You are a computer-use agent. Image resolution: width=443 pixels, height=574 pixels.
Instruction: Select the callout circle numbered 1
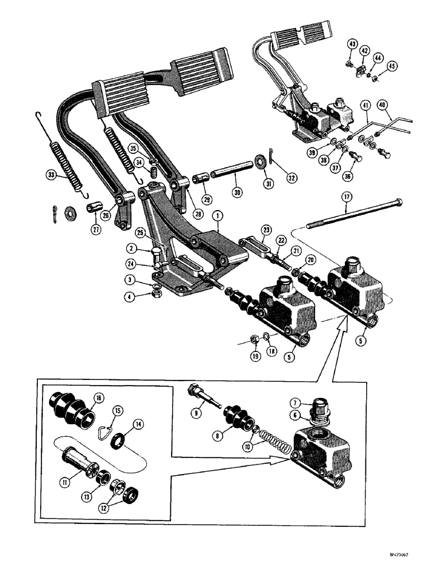(217, 216)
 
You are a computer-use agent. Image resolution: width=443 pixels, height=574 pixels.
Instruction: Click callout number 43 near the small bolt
(352, 44)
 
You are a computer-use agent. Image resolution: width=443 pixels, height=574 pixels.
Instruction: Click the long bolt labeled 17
(356, 214)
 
